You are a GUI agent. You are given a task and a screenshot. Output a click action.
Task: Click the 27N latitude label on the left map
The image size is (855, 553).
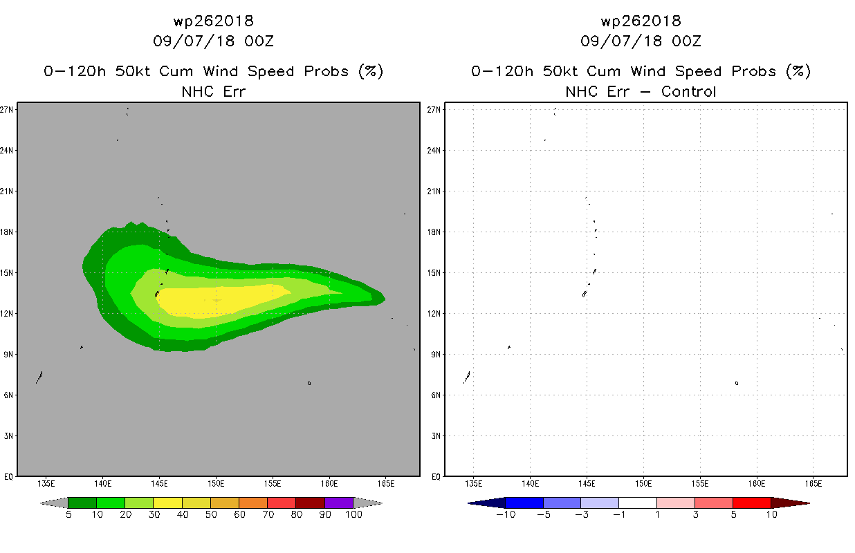coord(6,110)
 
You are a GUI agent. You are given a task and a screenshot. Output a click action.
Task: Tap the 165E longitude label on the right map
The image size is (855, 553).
coord(813,484)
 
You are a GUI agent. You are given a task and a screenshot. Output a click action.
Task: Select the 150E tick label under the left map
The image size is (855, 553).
coord(216,484)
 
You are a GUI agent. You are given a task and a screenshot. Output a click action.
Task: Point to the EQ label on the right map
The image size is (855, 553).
coord(436,477)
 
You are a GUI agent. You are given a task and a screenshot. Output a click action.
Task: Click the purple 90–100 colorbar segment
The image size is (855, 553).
coord(339,503)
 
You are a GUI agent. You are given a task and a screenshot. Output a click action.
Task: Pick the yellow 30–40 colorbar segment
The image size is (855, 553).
coord(167,503)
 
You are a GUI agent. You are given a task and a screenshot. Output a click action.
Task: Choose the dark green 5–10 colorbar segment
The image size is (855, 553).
coord(82,503)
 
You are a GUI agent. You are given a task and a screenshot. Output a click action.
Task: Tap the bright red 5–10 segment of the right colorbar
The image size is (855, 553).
coord(752,503)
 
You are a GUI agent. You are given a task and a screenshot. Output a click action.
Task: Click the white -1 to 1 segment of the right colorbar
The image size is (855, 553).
coord(638,503)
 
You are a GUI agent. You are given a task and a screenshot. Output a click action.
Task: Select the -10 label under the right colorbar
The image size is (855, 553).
coord(506,515)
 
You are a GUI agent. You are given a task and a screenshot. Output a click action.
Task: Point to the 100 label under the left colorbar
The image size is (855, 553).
coord(353,515)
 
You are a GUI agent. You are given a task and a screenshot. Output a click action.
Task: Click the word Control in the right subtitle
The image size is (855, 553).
coord(688,92)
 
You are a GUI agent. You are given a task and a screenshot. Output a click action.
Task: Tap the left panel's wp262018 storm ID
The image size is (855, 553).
coord(213,21)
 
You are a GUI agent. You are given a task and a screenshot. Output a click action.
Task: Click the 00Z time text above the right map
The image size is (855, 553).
coord(686,41)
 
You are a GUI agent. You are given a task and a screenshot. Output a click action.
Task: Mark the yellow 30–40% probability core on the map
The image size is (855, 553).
coord(219,301)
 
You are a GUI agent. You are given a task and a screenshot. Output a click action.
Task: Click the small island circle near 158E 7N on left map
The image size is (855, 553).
coord(309,383)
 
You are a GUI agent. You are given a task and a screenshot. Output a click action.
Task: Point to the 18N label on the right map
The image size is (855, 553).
coord(434,232)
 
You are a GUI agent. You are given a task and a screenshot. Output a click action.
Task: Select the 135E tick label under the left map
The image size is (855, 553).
coord(46,484)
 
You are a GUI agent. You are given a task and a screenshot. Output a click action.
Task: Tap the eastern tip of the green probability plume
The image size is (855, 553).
coord(385,299)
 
